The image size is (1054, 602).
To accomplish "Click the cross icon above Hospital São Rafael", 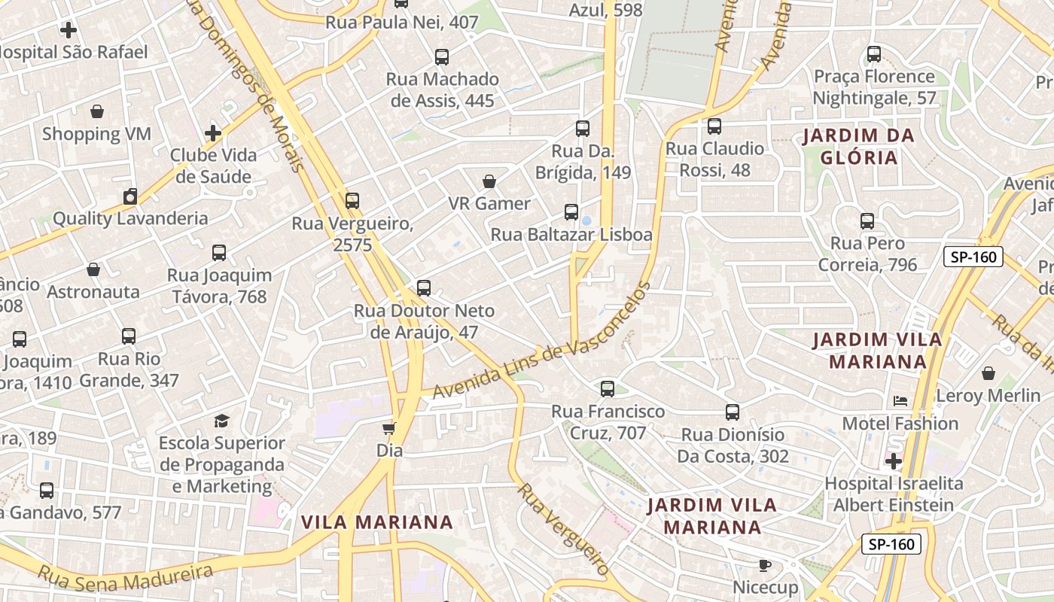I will (x=69, y=30).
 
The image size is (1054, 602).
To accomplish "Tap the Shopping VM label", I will (x=96, y=134).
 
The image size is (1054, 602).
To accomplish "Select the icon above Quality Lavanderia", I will (x=130, y=197).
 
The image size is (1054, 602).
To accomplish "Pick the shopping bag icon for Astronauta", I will (x=93, y=269).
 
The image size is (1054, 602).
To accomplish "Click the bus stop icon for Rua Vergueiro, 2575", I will (x=352, y=201).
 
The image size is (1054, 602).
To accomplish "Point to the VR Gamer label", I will (x=489, y=203).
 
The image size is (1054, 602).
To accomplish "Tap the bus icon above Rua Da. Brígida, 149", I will (x=583, y=129).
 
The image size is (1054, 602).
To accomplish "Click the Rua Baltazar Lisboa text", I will (x=571, y=235).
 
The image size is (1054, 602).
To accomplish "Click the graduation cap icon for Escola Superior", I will (x=221, y=421).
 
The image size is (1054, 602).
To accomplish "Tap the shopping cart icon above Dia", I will (x=388, y=428).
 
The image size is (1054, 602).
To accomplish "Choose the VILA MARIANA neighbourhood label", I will (x=377, y=522).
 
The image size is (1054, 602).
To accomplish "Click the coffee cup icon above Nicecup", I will (x=765, y=565).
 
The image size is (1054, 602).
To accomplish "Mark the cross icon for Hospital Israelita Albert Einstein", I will (x=894, y=461).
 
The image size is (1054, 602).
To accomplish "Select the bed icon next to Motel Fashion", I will (x=900, y=401).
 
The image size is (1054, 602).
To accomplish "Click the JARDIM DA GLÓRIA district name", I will (x=858, y=147).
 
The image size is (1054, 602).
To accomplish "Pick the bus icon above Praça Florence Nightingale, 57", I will (x=874, y=54).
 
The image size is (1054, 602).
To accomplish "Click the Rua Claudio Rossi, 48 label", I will (x=714, y=159).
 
